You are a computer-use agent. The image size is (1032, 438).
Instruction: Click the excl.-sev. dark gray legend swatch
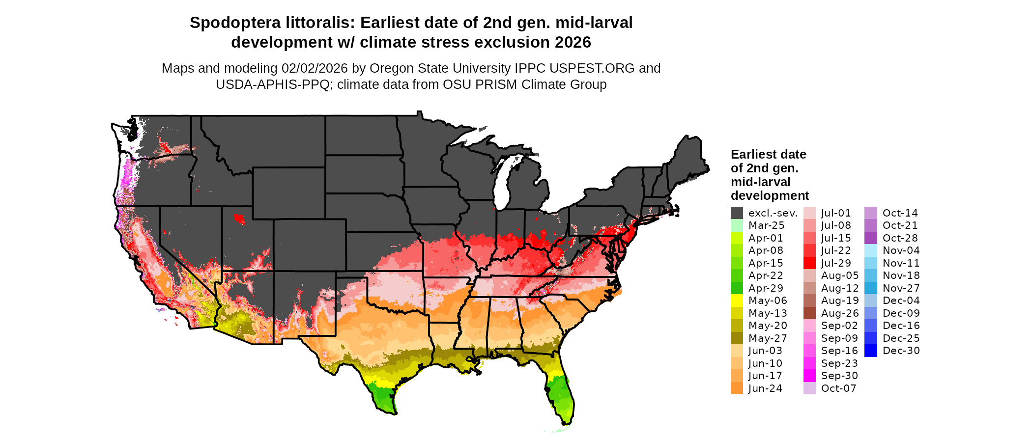(737, 213)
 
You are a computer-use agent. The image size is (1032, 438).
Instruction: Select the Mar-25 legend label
(766, 225)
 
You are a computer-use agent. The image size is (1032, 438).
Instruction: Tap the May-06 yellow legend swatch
(737, 301)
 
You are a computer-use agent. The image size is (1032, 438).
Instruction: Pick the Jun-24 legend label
(765, 388)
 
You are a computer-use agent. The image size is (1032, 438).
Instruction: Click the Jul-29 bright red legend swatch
(809, 263)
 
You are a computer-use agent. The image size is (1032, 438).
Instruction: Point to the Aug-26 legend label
(840, 313)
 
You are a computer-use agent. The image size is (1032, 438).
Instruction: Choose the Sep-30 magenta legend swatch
(809, 376)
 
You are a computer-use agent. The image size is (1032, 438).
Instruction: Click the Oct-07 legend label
(838, 388)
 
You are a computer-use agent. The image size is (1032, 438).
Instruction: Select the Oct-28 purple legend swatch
(870, 238)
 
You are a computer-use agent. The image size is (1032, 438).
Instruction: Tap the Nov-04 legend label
(901, 250)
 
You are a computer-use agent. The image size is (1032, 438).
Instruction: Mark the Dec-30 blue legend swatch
(870, 351)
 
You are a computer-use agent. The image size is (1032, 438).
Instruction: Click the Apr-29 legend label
(766, 288)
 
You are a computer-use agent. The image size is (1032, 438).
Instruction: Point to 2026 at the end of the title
(573, 43)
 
